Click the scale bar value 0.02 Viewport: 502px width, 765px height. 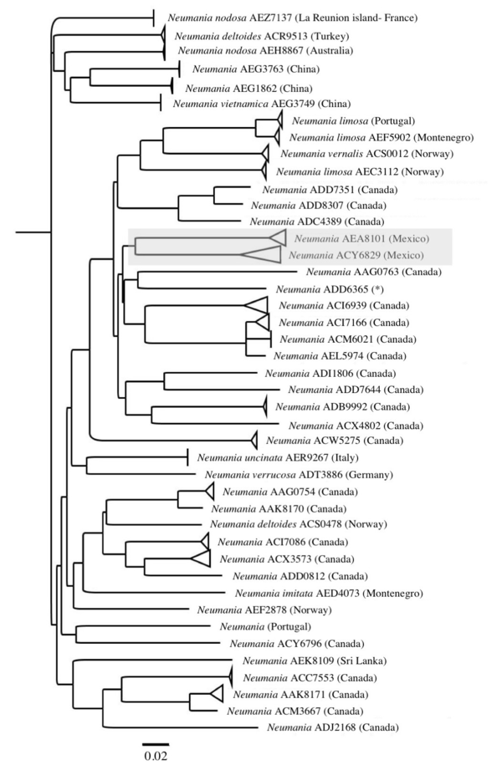click(156, 756)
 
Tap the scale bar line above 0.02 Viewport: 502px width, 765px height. click(156, 744)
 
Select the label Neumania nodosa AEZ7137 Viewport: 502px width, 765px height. click(229, 18)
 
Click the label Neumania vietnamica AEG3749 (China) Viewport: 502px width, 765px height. click(262, 104)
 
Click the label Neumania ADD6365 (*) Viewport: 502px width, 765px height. click(330, 289)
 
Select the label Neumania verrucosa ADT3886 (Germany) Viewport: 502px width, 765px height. click(299, 474)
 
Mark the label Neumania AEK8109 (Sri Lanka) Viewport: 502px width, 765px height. click(315, 661)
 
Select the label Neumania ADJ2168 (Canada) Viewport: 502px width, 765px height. click(332, 727)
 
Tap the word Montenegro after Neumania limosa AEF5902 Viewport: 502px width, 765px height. click(445, 138)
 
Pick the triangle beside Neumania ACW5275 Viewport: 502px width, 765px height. click(254, 441)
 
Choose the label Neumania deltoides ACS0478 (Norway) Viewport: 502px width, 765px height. click(299, 524)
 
